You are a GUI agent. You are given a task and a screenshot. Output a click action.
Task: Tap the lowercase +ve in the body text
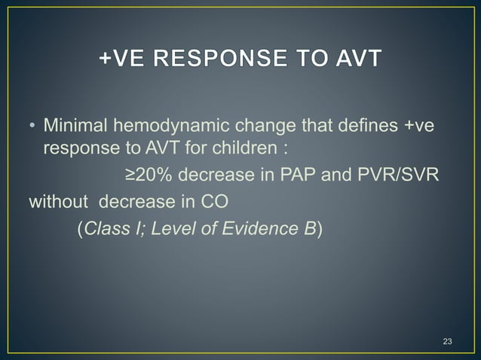[420, 124]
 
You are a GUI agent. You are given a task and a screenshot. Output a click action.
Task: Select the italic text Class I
[114, 229]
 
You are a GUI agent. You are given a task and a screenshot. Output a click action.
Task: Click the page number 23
[447, 343]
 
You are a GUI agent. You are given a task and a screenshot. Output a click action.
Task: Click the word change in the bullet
[276, 124]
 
